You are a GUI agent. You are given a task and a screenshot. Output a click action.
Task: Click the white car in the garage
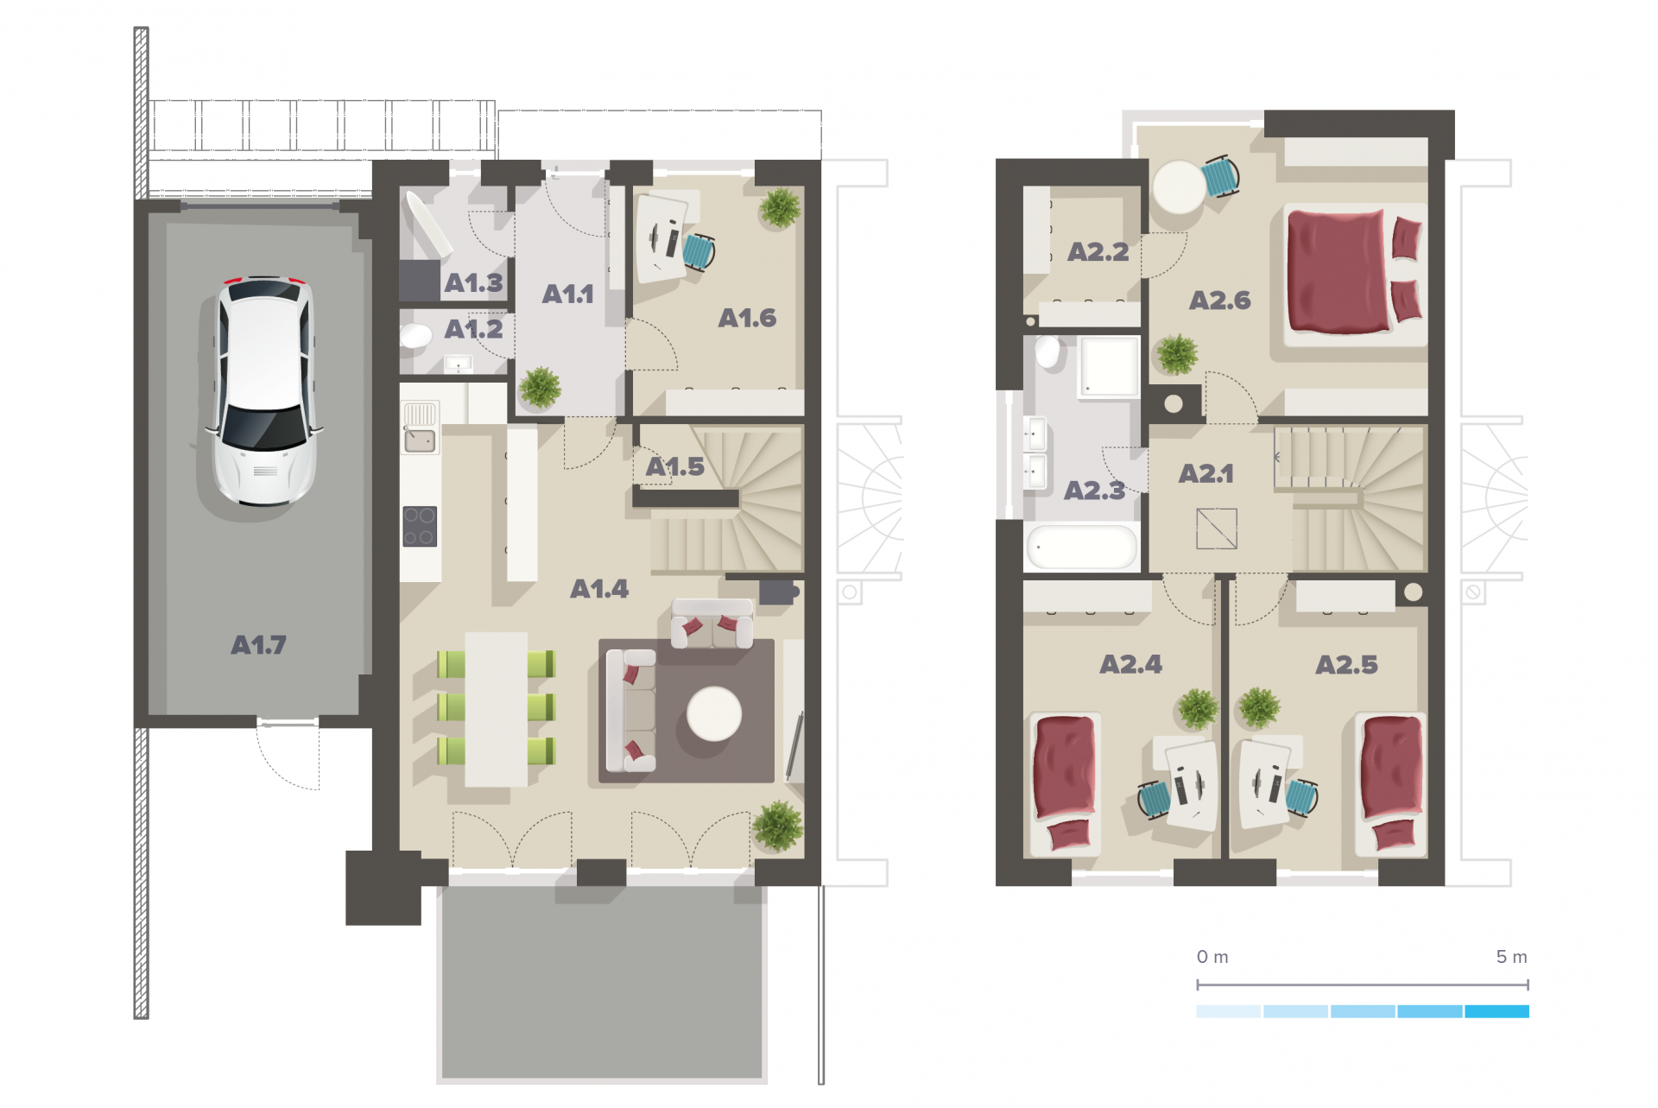click(x=263, y=390)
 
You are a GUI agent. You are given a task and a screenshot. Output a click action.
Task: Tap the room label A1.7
click(x=258, y=645)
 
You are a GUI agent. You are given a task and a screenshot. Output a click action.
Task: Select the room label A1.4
click(x=599, y=589)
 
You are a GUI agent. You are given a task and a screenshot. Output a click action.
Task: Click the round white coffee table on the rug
click(x=714, y=714)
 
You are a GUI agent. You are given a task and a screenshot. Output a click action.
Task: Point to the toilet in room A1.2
click(x=415, y=335)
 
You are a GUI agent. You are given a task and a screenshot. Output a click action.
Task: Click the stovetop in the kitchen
click(x=420, y=526)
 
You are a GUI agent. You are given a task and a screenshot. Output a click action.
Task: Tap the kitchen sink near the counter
click(x=421, y=440)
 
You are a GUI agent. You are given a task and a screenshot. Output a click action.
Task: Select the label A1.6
click(x=747, y=318)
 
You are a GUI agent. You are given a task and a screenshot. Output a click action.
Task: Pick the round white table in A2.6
click(x=1179, y=187)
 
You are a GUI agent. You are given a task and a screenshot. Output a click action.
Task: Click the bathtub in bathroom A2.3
click(x=1081, y=547)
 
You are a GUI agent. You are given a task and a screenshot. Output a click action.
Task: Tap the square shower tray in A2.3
click(x=1109, y=367)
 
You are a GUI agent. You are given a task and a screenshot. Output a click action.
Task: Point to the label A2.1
click(x=1206, y=473)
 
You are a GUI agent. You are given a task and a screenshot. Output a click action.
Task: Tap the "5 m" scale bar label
click(x=1511, y=957)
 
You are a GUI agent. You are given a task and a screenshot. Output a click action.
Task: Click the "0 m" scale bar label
click(x=1212, y=957)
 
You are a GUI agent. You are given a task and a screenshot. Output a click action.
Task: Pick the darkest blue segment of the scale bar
click(x=1497, y=1011)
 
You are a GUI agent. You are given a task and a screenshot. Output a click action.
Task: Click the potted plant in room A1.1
click(x=541, y=387)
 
